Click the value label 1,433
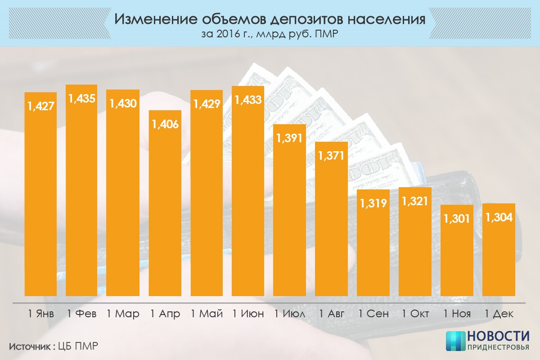pyautogui.click(x=247, y=100)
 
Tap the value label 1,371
pyautogui.click(x=331, y=156)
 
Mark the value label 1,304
pyautogui.click(x=499, y=217)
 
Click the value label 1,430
pyautogui.click(x=123, y=103)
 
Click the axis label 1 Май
pyautogui.click(x=207, y=314)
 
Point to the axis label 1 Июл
pyautogui.click(x=290, y=314)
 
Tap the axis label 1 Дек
pyautogui.click(x=499, y=314)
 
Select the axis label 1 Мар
pyautogui.click(x=123, y=314)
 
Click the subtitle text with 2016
pyautogui.click(x=270, y=34)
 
